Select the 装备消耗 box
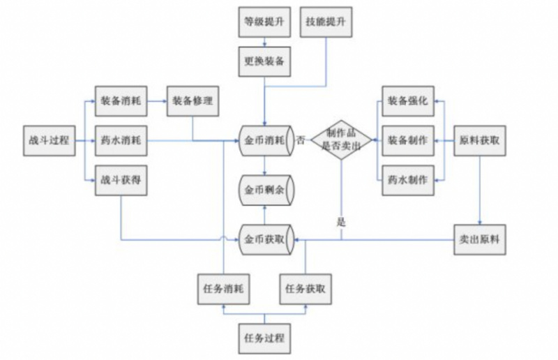click(x=121, y=101)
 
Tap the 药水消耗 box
click(x=121, y=141)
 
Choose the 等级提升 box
click(x=263, y=22)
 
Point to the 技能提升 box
click(x=326, y=22)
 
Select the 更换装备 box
click(x=263, y=61)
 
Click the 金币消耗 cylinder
click(x=264, y=140)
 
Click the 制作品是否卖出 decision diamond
click(x=341, y=140)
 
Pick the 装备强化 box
click(x=408, y=101)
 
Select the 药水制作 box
click(x=408, y=179)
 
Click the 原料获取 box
click(x=480, y=140)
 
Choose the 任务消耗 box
click(x=223, y=288)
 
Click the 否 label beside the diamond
click(x=301, y=140)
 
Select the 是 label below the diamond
click(x=341, y=223)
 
